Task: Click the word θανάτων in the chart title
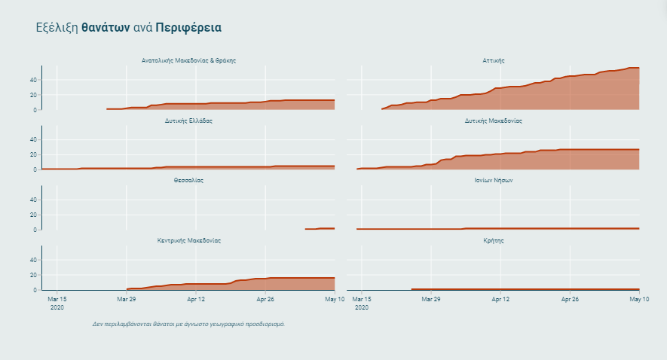pos(105,28)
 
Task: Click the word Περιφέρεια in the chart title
pos(188,28)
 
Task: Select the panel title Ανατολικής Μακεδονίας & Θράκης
pos(188,60)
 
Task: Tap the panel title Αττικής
pos(494,60)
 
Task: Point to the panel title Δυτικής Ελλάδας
pos(188,121)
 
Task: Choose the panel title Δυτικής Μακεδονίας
pos(494,121)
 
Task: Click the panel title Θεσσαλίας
pos(188,181)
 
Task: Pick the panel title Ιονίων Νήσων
pos(494,181)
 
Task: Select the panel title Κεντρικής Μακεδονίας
pos(188,240)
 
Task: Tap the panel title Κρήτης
pos(494,240)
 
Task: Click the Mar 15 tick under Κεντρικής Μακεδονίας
pos(57,299)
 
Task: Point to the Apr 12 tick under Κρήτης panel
pos(500,299)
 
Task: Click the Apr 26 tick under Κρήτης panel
pos(570,299)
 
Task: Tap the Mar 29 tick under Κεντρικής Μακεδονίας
pos(127,299)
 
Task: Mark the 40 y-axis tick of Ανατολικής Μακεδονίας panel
pos(34,80)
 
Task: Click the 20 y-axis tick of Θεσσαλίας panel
pos(34,215)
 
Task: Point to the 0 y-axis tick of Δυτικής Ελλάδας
pos(36,169)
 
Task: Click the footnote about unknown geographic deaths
pos(188,324)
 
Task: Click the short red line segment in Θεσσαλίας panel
pos(320,228)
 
